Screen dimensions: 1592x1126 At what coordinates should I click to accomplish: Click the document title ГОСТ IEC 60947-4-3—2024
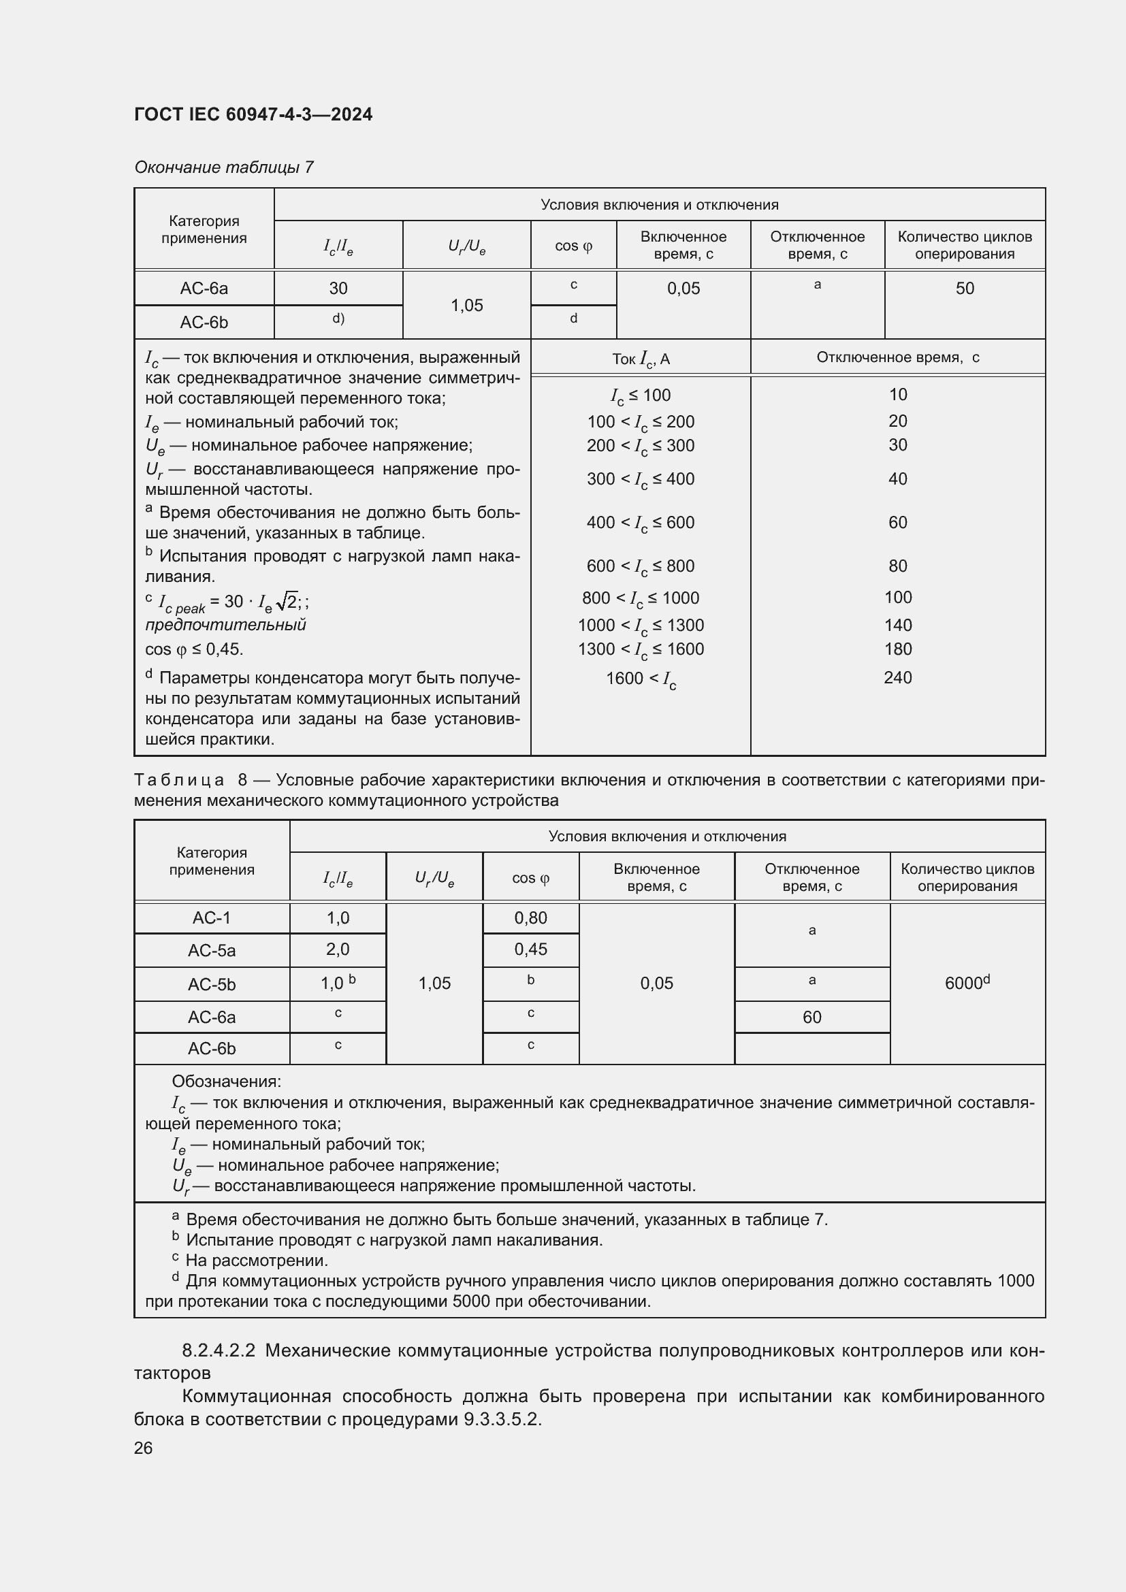[x=253, y=114]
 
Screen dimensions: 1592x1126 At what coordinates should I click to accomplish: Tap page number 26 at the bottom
[x=144, y=1448]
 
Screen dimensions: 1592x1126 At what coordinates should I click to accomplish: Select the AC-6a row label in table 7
[x=204, y=289]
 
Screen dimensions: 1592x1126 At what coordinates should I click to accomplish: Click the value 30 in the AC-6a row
[x=338, y=289]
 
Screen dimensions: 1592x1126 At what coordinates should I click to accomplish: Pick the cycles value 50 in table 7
[x=965, y=289]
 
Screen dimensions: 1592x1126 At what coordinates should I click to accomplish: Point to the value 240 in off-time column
[x=897, y=677]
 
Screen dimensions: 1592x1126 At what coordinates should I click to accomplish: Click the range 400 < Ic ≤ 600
[x=640, y=523]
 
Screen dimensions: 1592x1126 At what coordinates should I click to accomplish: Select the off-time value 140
[x=897, y=626]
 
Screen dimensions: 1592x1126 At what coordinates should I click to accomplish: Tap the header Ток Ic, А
[x=641, y=359]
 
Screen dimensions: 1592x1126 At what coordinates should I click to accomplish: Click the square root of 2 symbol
[x=287, y=601]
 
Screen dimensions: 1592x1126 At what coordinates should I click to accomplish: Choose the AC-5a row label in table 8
[x=212, y=951]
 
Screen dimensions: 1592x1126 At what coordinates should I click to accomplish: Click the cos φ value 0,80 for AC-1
[x=530, y=918]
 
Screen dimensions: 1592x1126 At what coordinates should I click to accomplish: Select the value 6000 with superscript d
[x=967, y=984]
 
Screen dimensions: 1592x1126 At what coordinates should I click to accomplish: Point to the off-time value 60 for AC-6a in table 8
[x=811, y=1017]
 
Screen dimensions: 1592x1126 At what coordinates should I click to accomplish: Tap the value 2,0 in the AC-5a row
[x=338, y=949]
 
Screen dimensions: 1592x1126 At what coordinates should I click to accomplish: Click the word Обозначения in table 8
[x=226, y=1082]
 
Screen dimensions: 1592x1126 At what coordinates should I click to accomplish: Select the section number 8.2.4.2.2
[x=219, y=1350]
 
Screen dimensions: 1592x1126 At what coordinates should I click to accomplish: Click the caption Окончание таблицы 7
[x=224, y=167]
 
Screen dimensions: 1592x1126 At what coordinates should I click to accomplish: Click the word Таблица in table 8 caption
[x=179, y=781]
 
